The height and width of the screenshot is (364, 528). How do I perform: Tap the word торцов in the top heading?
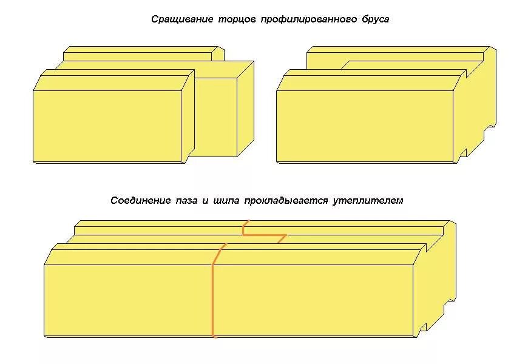[x=238, y=19]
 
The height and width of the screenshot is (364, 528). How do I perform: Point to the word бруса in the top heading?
[x=371, y=19]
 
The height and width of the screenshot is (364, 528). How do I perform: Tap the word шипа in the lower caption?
[x=226, y=200]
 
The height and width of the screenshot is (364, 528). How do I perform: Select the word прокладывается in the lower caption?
[x=286, y=200]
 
